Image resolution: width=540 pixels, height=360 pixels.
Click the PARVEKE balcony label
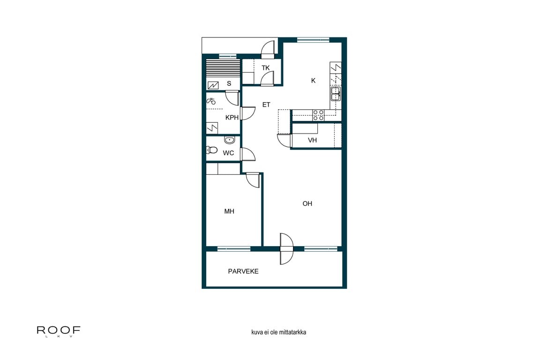pyautogui.click(x=243, y=271)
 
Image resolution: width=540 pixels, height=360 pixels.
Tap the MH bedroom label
pyautogui.click(x=229, y=211)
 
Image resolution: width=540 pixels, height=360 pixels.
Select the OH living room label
pyautogui.click(x=307, y=203)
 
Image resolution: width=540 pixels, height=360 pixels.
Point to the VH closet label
pyautogui.click(x=312, y=140)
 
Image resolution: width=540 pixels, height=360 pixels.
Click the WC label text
pyautogui.click(x=228, y=153)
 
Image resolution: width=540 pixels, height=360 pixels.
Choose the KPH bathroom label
pyautogui.click(x=232, y=118)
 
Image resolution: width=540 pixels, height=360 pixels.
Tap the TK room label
pyautogui.click(x=266, y=68)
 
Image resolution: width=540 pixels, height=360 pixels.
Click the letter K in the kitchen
pyautogui.click(x=313, y=81)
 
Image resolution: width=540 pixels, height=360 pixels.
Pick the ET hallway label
pyautogui.click(x=266, y=105)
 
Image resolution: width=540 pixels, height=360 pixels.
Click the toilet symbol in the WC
pyautogui.click(x=212, y=150)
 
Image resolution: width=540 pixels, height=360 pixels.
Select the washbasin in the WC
pyautogui.click(x=229, y=140)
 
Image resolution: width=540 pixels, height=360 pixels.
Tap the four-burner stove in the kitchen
pyautogui.click(x=318, y=115)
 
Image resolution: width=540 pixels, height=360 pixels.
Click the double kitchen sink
pyautogui.click(x=336, y=94)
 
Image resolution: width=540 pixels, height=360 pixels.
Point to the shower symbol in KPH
pyautogui.click(x=211, y=100)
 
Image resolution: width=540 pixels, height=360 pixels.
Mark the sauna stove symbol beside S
pyautogui.click(x=213, y=85)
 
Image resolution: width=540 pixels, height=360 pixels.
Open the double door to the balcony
pyautogui.click(x=286, y=248)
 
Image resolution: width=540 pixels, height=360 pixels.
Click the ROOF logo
pyautogui.click(x=59, y=330)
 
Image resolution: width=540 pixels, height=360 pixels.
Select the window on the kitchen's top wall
pyautogui.click(x=313, y=40)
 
